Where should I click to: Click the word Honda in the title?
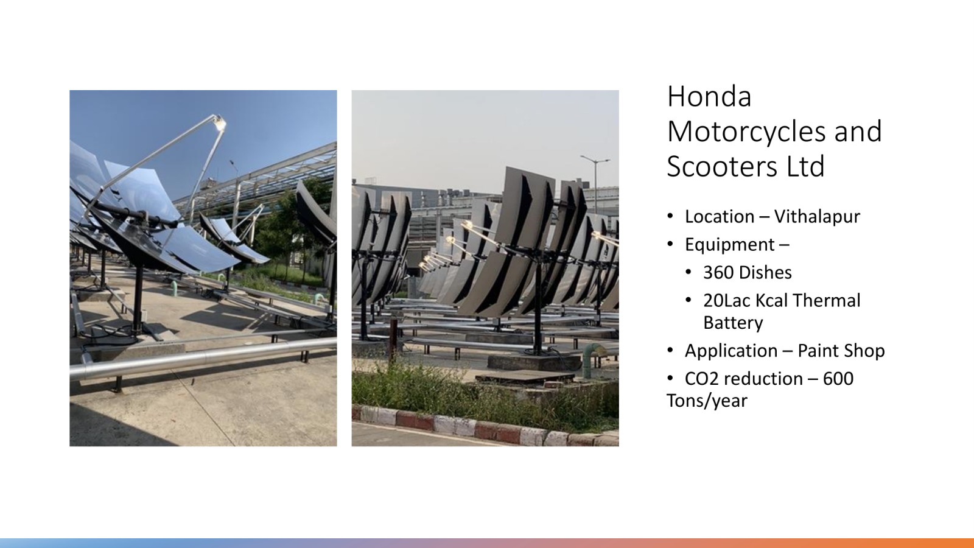pos(709,97)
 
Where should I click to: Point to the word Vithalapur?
pos(817,217)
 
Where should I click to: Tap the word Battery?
pos(733,323)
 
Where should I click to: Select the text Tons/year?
pos(707,401)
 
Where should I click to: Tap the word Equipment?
pos(730,245)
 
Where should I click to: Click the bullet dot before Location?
pos(670,216)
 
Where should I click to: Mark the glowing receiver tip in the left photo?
pos(220,122)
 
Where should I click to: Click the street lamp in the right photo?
pos(595,179)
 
